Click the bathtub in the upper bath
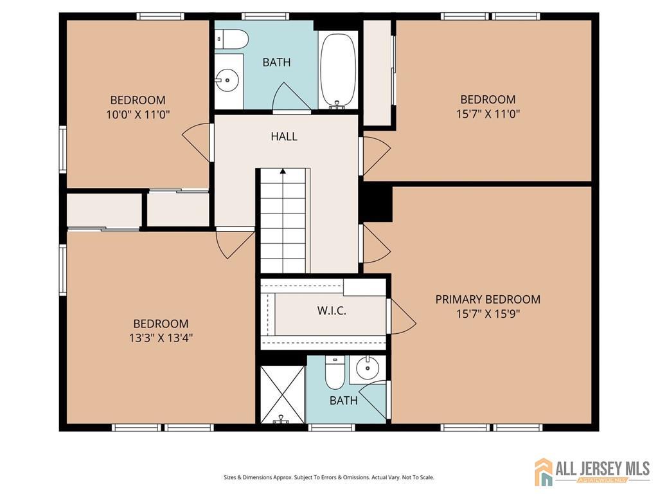point(338,70)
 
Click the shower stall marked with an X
point(281,394)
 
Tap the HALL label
point(283,136)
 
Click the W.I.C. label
point(332,311)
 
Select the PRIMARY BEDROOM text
point(488,299)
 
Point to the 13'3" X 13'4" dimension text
point(161,338)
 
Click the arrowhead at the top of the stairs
point(283,172)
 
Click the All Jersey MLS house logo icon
point(544,471)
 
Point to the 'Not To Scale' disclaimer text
point(418,477)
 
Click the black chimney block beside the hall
point(376,202)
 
